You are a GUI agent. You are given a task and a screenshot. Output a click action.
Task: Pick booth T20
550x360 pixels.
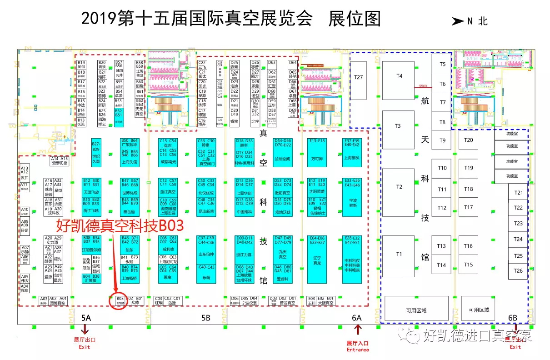469,140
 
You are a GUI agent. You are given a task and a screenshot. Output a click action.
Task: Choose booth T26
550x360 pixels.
518,271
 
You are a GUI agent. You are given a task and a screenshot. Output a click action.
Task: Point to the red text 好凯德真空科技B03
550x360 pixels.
120,225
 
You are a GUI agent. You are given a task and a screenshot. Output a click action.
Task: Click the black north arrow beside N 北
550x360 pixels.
457,21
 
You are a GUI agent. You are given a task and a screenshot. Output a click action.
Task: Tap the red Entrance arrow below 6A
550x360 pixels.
358,330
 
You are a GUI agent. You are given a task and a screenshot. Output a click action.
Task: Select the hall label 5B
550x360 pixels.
205,318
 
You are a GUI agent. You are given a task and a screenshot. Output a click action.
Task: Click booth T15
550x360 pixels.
468,265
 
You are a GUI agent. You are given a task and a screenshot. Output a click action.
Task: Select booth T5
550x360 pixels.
442,65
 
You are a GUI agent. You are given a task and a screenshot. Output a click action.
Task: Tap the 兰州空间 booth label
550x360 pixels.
283,159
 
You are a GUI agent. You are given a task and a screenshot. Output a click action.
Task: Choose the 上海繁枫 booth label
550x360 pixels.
352,158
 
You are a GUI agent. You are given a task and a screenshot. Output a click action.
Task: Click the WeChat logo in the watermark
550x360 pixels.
413,336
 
